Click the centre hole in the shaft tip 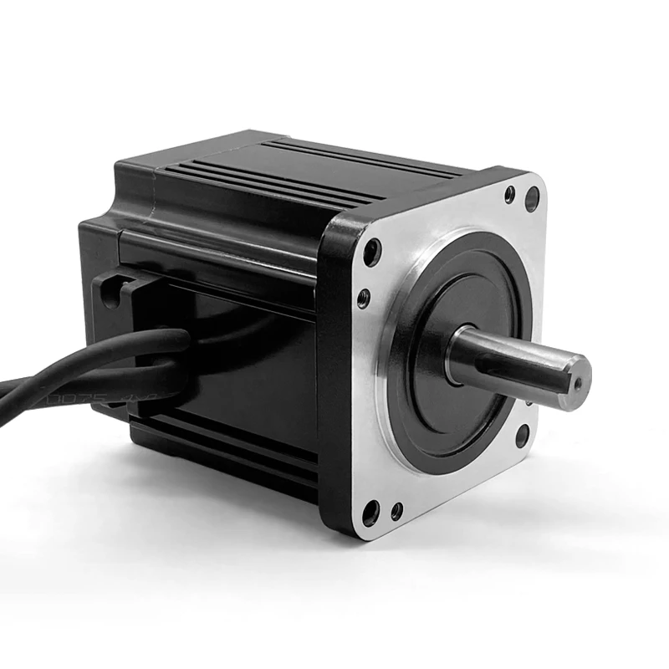(x=576, y=380)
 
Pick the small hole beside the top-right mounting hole (x=510, y=195)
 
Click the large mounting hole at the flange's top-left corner (x=372, y=252)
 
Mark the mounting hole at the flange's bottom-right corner (x=522, y=435)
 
